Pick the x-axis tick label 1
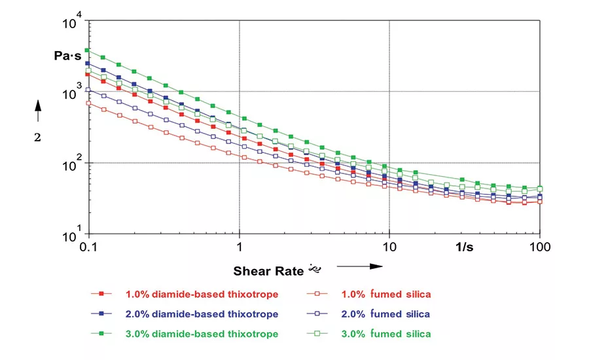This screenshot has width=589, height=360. tap(240, 248)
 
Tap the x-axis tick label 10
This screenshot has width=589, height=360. tap(389, 248)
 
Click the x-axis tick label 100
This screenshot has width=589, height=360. tap(539, 248)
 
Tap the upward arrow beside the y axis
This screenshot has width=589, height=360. tap(37, 111)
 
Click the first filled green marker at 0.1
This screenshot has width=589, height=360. tap(87, 50)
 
